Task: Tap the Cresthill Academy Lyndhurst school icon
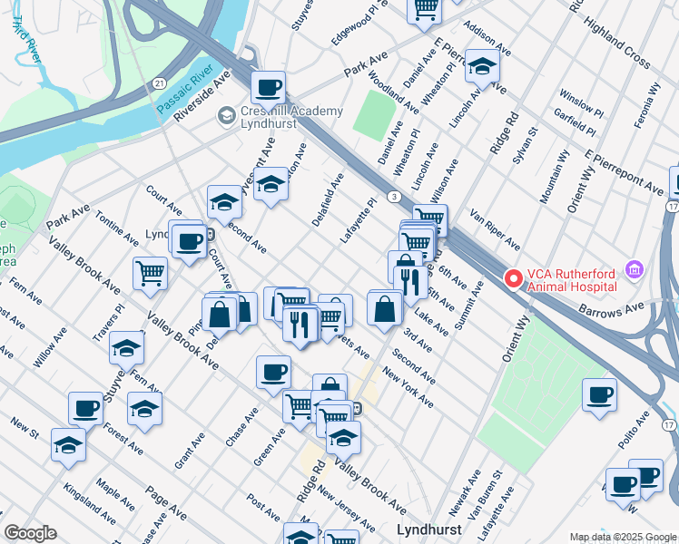[x=226, y=117]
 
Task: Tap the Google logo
[x=30, y=533]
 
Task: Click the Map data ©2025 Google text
[x=622, y=536]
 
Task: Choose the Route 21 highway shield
[x=159, y=83]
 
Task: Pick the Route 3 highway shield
[x=392, y=196]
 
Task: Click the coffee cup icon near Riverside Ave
[x=269, y=88]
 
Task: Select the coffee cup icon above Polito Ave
[x=599, y=394]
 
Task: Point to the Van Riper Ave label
[x=495, y=230]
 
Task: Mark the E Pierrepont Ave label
[x=624, y=172]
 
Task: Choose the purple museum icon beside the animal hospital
[x=635, y=269]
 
